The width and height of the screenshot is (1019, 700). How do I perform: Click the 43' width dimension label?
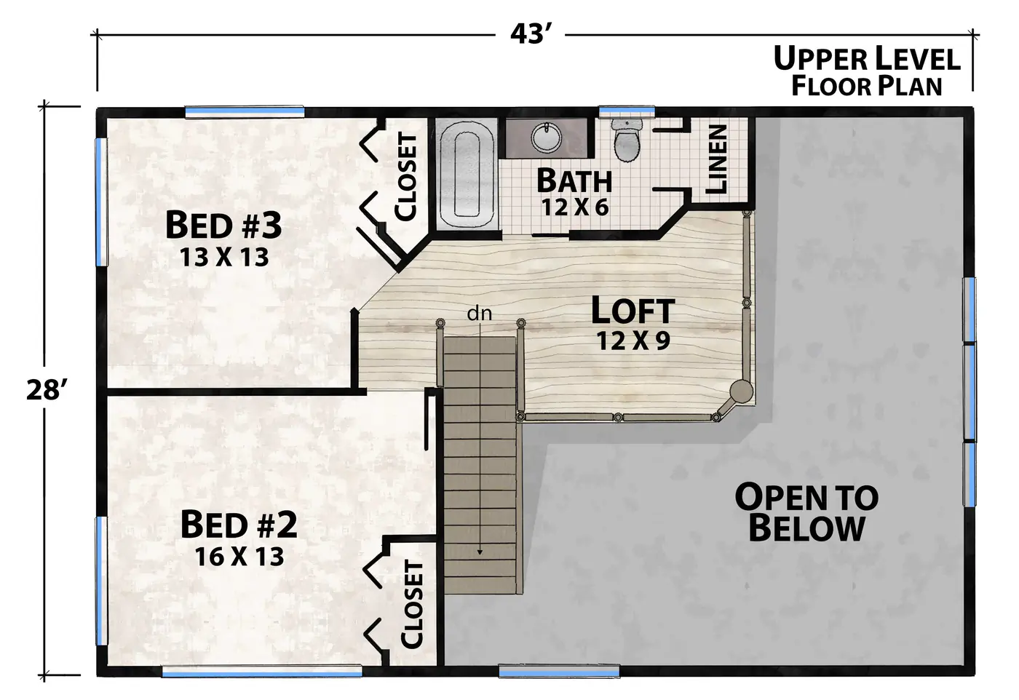(x=531, y=34)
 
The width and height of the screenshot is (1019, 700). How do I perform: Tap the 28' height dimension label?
(x=47, y=390)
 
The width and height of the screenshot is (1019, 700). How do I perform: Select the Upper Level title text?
(x=867, y=59)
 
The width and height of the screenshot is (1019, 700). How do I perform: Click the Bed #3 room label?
(x=223, y=225)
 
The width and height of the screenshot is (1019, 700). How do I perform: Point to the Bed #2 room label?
(x=239, y=525)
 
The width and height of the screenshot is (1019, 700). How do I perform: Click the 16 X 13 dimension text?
(x=239, y=556)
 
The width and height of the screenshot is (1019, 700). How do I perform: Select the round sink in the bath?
(x=547, y=137)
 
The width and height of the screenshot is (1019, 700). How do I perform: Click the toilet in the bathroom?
(x=627, y=140)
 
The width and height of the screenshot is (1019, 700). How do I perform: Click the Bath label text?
(x=574, y=181)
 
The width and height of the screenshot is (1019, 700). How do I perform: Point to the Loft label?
(x=633, y=311)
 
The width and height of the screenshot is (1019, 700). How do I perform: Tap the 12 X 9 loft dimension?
(x=633, y=341)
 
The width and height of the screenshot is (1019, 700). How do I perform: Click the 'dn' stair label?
(x=480, y=314)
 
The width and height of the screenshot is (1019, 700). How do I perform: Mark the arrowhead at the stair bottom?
(x=480, y=552)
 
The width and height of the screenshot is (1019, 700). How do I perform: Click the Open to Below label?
(x=806, y=512)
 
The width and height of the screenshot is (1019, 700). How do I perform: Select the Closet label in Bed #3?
(x=406, y=177)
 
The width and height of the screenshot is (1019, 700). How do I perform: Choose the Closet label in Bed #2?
(x=412, y=605)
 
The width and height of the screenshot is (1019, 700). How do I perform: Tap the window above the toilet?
(x=627, y=111)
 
